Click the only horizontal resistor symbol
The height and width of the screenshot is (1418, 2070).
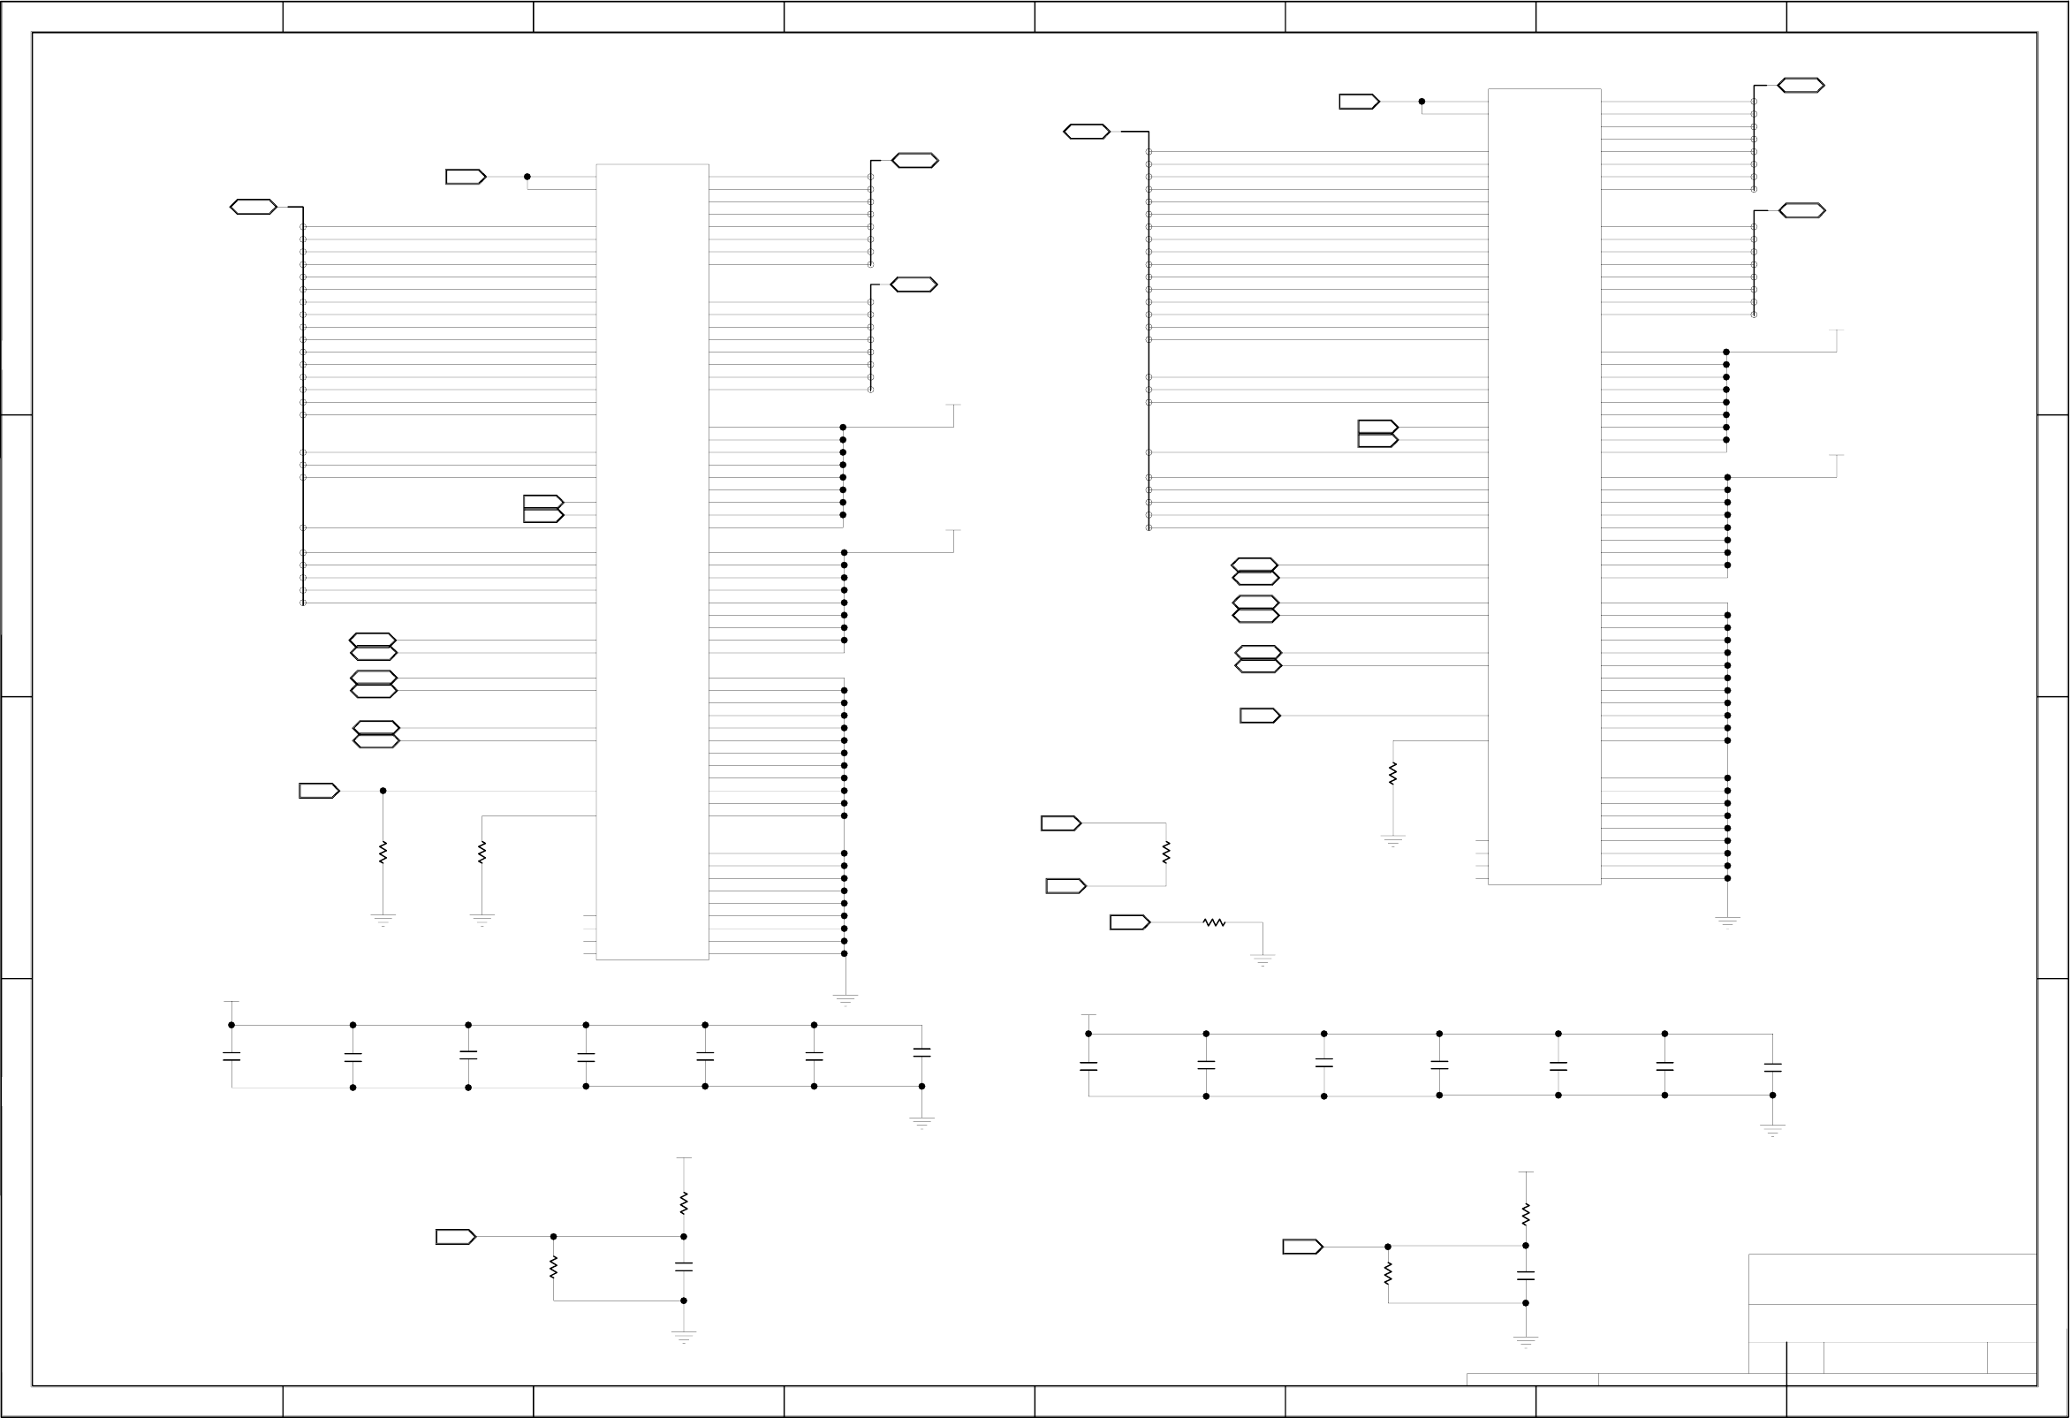point(1214,922)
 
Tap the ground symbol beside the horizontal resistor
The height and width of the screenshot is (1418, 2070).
point(1262,959)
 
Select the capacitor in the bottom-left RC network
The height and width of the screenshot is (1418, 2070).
point(683,1267)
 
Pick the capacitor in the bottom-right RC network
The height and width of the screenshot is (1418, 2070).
point(1526,1277)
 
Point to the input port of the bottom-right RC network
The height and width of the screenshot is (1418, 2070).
point(1302,1247)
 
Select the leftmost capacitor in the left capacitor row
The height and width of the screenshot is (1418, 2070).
point(231,1058)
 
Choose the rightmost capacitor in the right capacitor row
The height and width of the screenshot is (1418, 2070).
point(1772,1066)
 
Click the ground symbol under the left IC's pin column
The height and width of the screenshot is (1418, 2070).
point(845,999)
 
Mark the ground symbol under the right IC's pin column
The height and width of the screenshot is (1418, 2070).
point(1727,921)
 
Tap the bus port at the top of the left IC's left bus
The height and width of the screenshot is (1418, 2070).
point(254,208)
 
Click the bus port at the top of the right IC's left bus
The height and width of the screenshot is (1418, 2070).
point(1087,132)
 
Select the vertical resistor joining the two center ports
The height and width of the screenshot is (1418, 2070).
point(1166,853)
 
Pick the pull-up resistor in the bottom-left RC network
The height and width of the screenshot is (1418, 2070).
point(683,1203)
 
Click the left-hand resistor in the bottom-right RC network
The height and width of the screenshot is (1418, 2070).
point(1388,1275)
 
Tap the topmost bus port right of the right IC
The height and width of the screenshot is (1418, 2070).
point(1801,86)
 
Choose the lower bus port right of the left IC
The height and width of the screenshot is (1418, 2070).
point(914,285)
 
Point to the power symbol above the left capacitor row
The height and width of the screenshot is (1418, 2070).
point(231,1003)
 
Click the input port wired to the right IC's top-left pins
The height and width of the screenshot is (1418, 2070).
point(1359,102)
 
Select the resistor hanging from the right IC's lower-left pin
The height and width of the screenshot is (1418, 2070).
point(1393,773)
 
